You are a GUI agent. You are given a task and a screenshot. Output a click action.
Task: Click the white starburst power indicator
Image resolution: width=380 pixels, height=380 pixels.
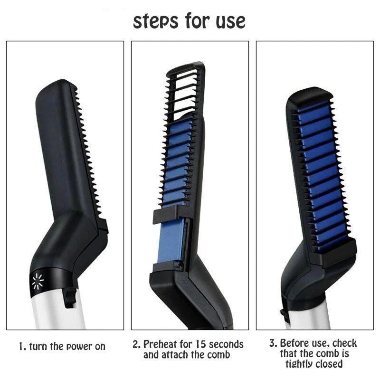click(x=38, y=282)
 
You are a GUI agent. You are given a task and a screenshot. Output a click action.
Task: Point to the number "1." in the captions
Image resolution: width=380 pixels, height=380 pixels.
click(x=22, y=347)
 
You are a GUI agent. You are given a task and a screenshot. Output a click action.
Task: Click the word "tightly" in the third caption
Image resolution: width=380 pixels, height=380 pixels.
click(x=301, y=364)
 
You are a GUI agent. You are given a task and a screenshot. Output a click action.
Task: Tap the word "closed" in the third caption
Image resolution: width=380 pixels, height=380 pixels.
click(x=330, y=364)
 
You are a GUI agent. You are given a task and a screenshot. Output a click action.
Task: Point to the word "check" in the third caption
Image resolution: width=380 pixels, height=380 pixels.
click(x=344, y=343)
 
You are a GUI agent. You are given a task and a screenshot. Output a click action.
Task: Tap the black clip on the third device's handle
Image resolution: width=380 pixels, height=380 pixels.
click(x=285, y=314)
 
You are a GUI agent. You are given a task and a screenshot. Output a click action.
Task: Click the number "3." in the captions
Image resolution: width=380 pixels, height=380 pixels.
click(x=273, y=343)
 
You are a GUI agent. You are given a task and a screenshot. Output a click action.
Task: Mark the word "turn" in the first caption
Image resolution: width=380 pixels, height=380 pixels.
click(x=38, y=347)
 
